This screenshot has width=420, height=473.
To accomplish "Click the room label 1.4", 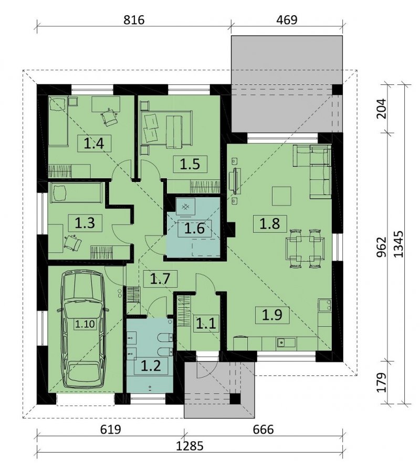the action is (x=94, y=144).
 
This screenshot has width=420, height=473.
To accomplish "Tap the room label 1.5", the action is (x=190, y=164).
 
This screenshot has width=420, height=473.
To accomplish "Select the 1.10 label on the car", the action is (x=85, y=324).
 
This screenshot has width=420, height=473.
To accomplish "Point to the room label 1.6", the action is (x=194, y=228).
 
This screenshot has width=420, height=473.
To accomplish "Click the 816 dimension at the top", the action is (x=134, y=20).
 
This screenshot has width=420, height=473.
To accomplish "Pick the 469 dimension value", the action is (x=287, y=20).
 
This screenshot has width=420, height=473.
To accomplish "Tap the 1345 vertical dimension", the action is (x=399, y=244).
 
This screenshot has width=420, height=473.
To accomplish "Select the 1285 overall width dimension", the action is (x=190, y=446).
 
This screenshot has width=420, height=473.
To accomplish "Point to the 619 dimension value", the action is (x=110, y=429).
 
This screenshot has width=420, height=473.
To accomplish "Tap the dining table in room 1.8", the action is (x=305, y=249).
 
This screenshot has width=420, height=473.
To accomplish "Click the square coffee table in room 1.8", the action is (x=281, y=196).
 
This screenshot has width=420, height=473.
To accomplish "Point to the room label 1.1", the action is (x=206, y=324).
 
